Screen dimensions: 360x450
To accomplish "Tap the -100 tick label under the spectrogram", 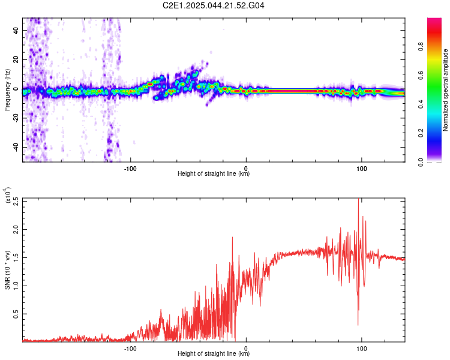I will (130, 167).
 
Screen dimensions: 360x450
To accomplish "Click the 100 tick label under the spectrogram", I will (361, 167).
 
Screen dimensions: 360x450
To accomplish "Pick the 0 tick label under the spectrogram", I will (246, 167).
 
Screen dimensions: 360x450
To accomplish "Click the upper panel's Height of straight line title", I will (214, 174).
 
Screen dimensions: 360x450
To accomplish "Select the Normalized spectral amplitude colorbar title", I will (446, 90).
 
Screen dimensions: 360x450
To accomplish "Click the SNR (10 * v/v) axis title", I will (8, 270).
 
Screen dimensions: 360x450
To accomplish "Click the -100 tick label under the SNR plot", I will (130, 347).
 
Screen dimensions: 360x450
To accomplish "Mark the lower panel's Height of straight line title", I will (214, 353).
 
